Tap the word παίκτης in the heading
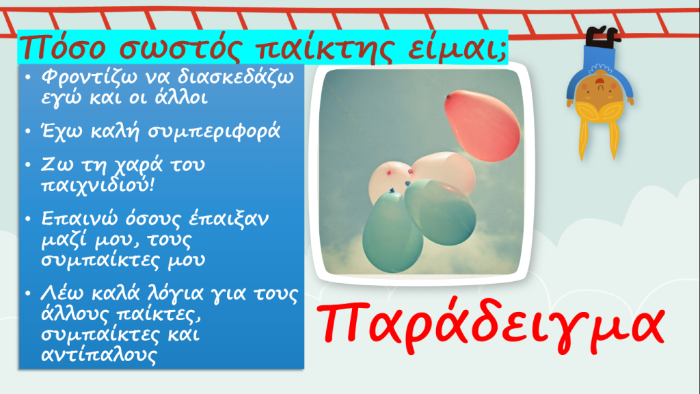pos(327,49)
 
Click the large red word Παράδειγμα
pos(491,324)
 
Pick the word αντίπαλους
pos(98,356)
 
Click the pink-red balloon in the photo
pos(482,125)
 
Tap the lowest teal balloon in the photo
pos(392,233)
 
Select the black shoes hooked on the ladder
pos(602,36)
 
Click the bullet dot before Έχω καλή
pos(28,131)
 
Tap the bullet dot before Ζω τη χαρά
pos(28,164)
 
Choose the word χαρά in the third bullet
pos(135,166)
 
